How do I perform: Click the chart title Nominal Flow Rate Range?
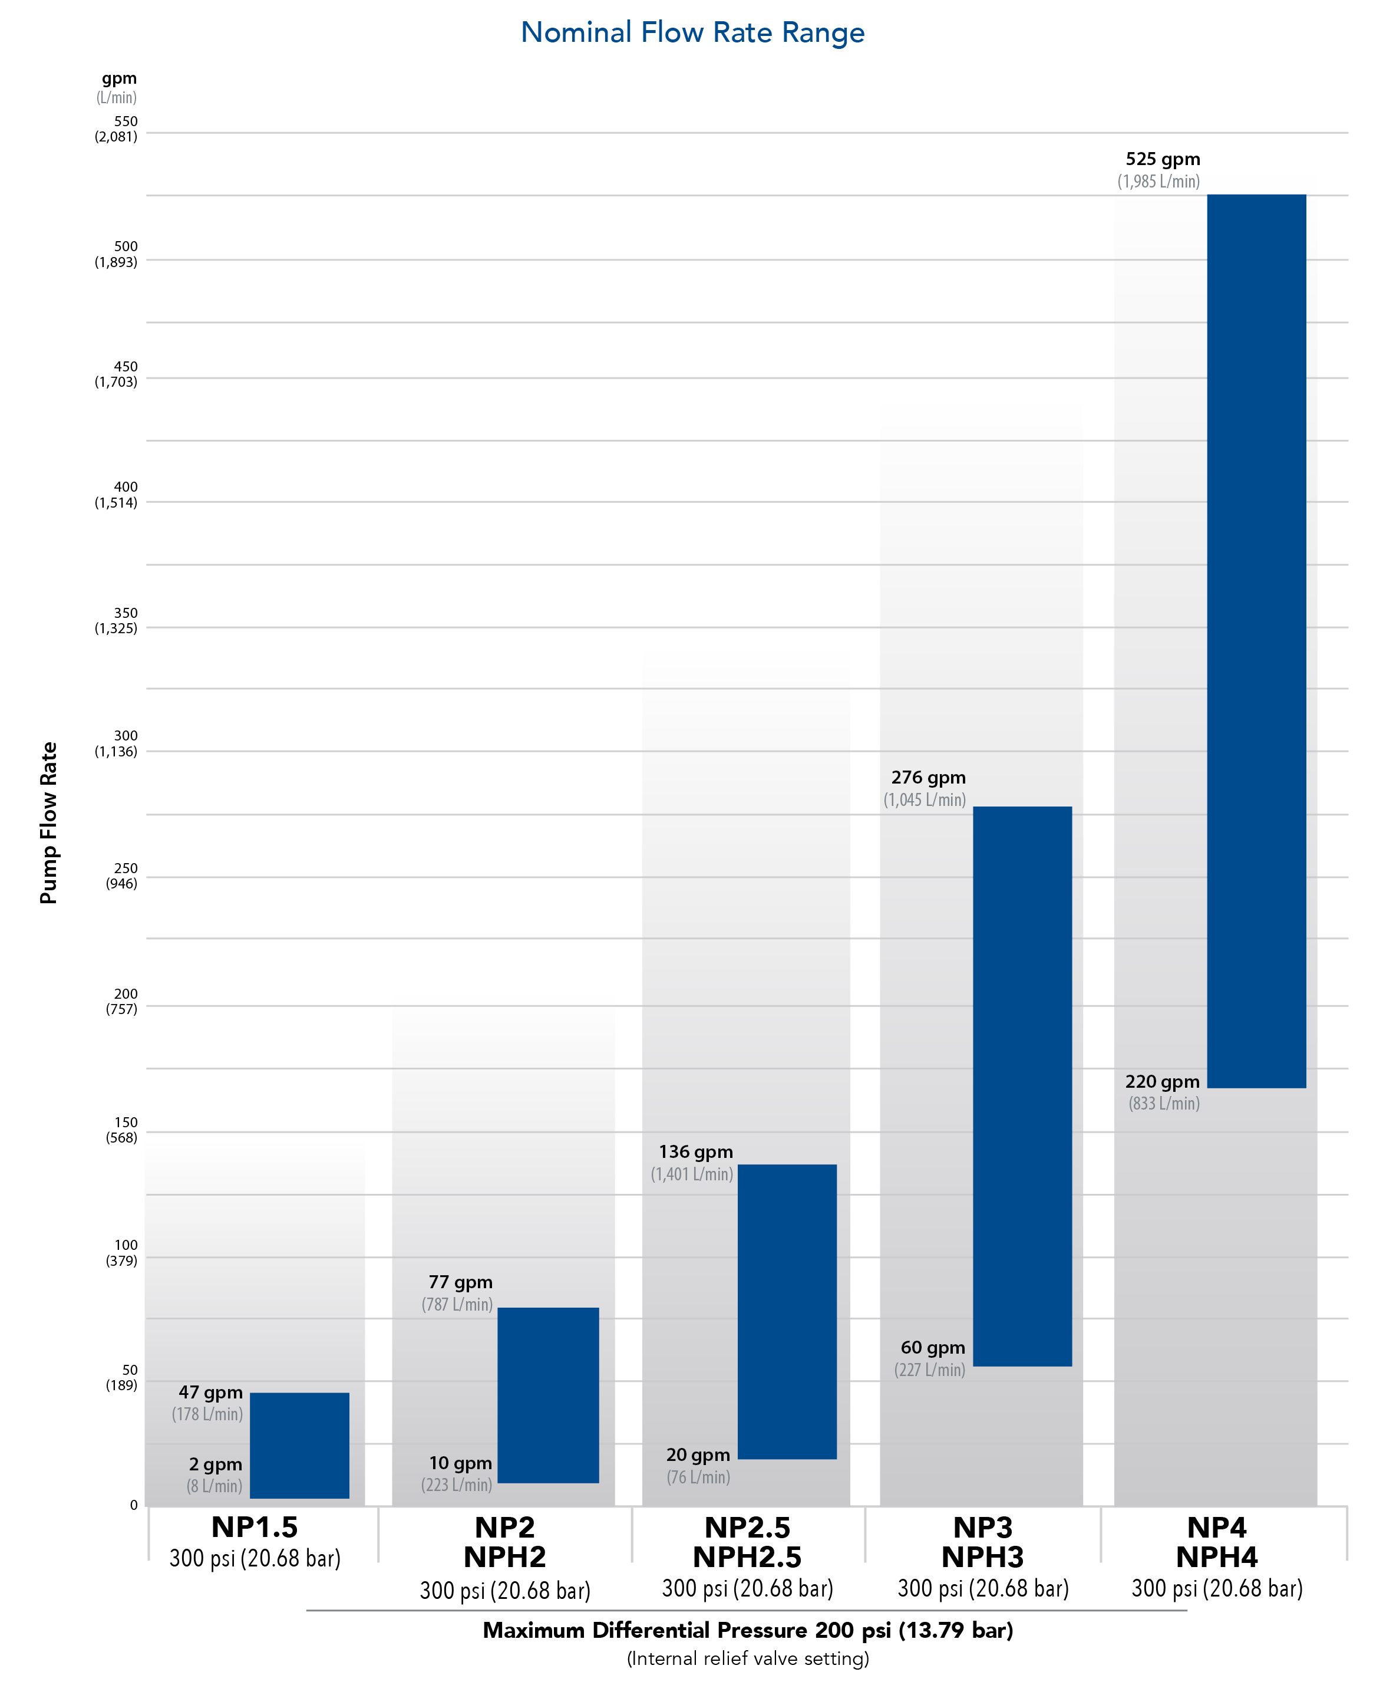tap(692, 32)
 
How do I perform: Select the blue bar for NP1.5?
tap(299, 1445)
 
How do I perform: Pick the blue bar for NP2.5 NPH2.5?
tap(787, 1312)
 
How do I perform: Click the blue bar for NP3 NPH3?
tap(1022, 1086)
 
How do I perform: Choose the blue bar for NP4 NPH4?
tap(1256, 641)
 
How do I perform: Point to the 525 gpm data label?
tap(1163, 159)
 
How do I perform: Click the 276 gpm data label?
tap(928, 778)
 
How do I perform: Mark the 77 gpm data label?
tap(460, 1282)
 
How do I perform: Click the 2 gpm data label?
tap(215, 1464)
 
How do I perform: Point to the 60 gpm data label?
tap(932, 1348)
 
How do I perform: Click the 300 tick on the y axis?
tap(125, 736)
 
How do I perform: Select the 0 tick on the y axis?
tap(133, 1505)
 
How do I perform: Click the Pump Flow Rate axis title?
tap(48, 822)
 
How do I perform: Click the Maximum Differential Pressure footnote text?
tap(747, 1631)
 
